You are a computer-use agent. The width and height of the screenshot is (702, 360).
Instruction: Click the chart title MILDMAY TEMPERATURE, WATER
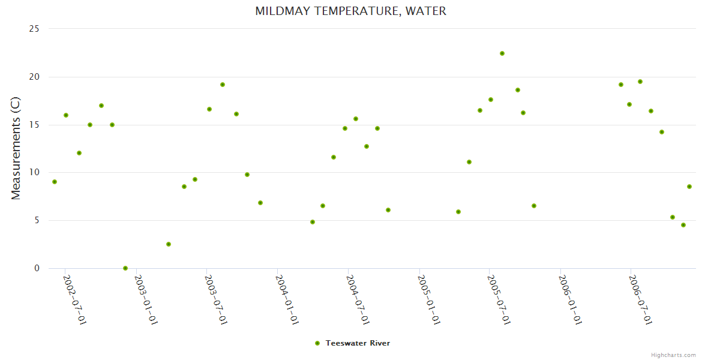point(350,11)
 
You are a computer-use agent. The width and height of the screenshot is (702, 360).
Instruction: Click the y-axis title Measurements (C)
point(16,148)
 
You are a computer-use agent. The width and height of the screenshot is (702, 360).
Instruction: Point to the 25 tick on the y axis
point(35,29)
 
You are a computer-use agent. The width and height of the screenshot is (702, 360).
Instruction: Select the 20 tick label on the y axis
point(35,77)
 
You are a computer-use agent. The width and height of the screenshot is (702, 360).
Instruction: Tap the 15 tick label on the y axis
point(35,125)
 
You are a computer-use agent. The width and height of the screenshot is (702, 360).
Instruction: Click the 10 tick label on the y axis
point(35,172)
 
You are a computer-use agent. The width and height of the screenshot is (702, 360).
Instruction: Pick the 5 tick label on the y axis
point(37,220)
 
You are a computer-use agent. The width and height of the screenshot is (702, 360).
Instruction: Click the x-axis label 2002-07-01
point(75,299)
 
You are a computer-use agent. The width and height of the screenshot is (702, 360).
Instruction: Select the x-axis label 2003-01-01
point(146,299)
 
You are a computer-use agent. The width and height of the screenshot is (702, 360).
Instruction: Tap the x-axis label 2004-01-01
point(287,299)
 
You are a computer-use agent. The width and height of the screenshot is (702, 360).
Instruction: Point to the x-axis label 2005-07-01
point(499,299)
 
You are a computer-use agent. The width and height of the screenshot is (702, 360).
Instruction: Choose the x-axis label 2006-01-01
point(569,299)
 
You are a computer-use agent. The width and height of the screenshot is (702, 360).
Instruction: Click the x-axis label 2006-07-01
point(640,299)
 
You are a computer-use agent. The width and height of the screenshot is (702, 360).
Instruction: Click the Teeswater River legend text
point(358,343)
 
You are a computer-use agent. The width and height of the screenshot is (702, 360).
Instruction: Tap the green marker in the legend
point(317,343)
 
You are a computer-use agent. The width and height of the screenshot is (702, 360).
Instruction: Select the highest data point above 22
point(502,53)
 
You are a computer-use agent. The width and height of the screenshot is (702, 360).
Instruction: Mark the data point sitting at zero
point(125,268)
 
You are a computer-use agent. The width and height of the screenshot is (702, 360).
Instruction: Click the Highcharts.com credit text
point(673,355)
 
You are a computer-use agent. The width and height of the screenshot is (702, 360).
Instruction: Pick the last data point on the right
point(689,187)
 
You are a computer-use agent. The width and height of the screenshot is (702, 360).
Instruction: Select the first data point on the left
point(55,182)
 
